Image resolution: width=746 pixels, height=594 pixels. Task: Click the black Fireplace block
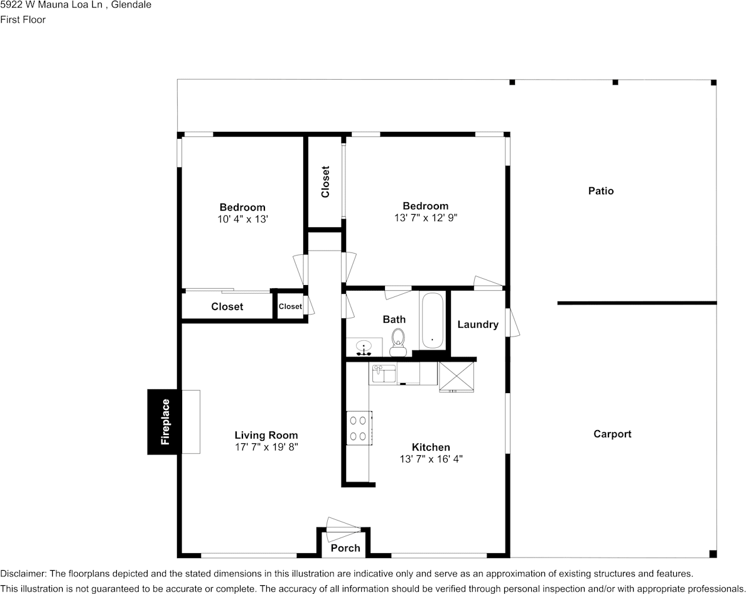coord(165,422)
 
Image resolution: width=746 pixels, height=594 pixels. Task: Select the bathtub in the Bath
coord(432,321)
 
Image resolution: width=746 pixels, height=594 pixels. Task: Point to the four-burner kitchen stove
coord(359,428)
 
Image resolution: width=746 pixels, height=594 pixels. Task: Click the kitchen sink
coord(384,374)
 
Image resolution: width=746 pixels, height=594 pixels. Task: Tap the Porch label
coord(345,548)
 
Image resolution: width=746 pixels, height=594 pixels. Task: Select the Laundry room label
coord(478,325)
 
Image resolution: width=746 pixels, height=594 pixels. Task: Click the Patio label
coord(601,191)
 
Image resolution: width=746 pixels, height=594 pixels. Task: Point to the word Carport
coord(612,434)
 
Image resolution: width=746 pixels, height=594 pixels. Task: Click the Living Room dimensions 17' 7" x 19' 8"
coord(266,447)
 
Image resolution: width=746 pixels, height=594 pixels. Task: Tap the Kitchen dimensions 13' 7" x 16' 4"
coord(431,459)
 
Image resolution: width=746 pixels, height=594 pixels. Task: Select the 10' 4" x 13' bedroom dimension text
coord(242,219)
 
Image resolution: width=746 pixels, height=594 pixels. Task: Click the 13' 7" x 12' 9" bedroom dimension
coord(425,218)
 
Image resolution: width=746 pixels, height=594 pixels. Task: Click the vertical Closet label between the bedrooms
coord(325,181)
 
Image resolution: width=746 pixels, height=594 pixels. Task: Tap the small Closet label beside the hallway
coord(290,306)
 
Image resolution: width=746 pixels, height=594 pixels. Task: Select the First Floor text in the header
coord(23,19)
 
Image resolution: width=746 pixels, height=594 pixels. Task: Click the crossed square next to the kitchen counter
coord(457,377)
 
